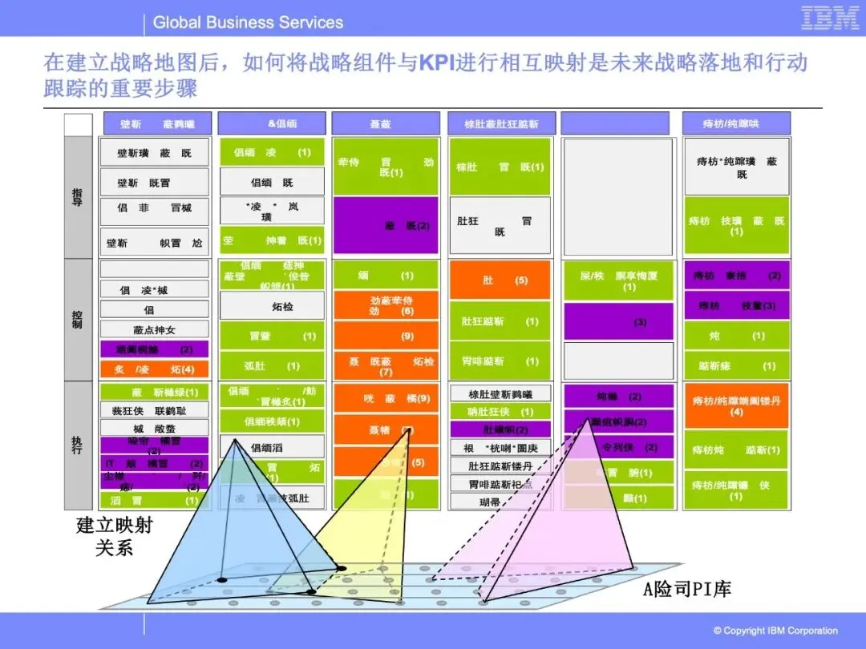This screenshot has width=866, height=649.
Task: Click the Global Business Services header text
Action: point(248,22)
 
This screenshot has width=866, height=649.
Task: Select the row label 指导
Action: point(78,197)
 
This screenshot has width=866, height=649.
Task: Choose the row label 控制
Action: point(78,319)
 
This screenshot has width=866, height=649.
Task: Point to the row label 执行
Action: point(78,445)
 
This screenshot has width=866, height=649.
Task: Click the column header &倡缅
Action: point(272,123)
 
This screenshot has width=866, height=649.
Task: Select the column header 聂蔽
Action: point(386,123)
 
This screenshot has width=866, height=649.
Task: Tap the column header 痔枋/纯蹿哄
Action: point(735,123)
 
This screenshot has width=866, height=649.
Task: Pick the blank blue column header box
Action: point(615,123)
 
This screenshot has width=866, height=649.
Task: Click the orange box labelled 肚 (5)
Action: point(500,280)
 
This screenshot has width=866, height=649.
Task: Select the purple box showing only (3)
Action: point(618,322)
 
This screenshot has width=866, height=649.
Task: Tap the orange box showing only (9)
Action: point(386,336)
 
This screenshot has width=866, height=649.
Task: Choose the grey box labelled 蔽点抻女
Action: point(154,329)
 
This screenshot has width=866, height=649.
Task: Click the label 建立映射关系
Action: point(115,537)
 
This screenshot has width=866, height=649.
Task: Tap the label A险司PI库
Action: point(688,590)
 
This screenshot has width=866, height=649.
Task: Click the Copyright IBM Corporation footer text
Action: point(775,631)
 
